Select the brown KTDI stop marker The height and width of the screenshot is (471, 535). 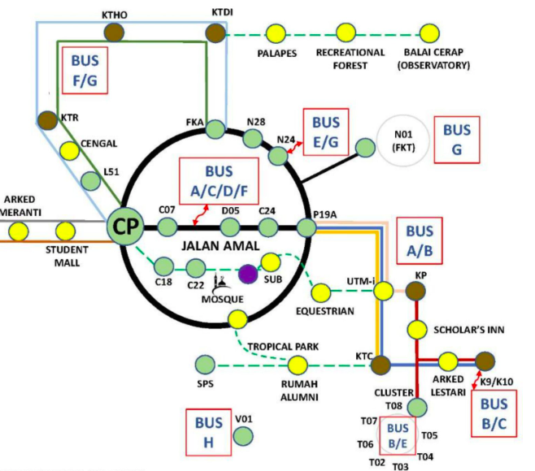215,32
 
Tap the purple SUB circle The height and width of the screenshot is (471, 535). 248,274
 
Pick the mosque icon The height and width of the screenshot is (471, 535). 221,284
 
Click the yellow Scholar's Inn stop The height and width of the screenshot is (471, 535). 417,329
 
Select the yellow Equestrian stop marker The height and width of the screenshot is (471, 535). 323,291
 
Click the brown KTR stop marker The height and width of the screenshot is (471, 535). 46,120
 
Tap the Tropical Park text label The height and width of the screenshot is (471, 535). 282,346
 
